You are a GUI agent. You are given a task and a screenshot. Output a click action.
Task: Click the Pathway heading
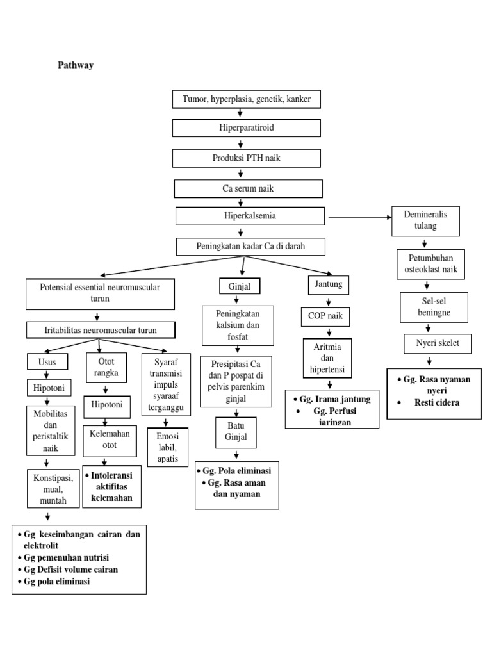[76, 65]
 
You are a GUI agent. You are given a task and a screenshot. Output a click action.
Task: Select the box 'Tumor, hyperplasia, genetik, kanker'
[247, 100]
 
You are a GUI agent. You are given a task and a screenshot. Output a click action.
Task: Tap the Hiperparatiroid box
[247, 128]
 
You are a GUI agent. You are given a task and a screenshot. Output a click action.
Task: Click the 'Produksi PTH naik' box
[247, 158]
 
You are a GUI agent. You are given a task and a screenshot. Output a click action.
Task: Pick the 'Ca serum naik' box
[249, 188]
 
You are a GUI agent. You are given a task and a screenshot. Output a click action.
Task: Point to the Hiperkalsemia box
[250, 216]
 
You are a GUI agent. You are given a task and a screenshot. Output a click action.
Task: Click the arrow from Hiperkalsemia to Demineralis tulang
[359, 218]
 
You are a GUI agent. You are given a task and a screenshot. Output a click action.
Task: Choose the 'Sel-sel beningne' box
[434, 307]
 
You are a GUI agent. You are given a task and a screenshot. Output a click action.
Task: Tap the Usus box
[47, 362]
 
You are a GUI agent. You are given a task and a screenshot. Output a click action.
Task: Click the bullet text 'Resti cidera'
[436, 403]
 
